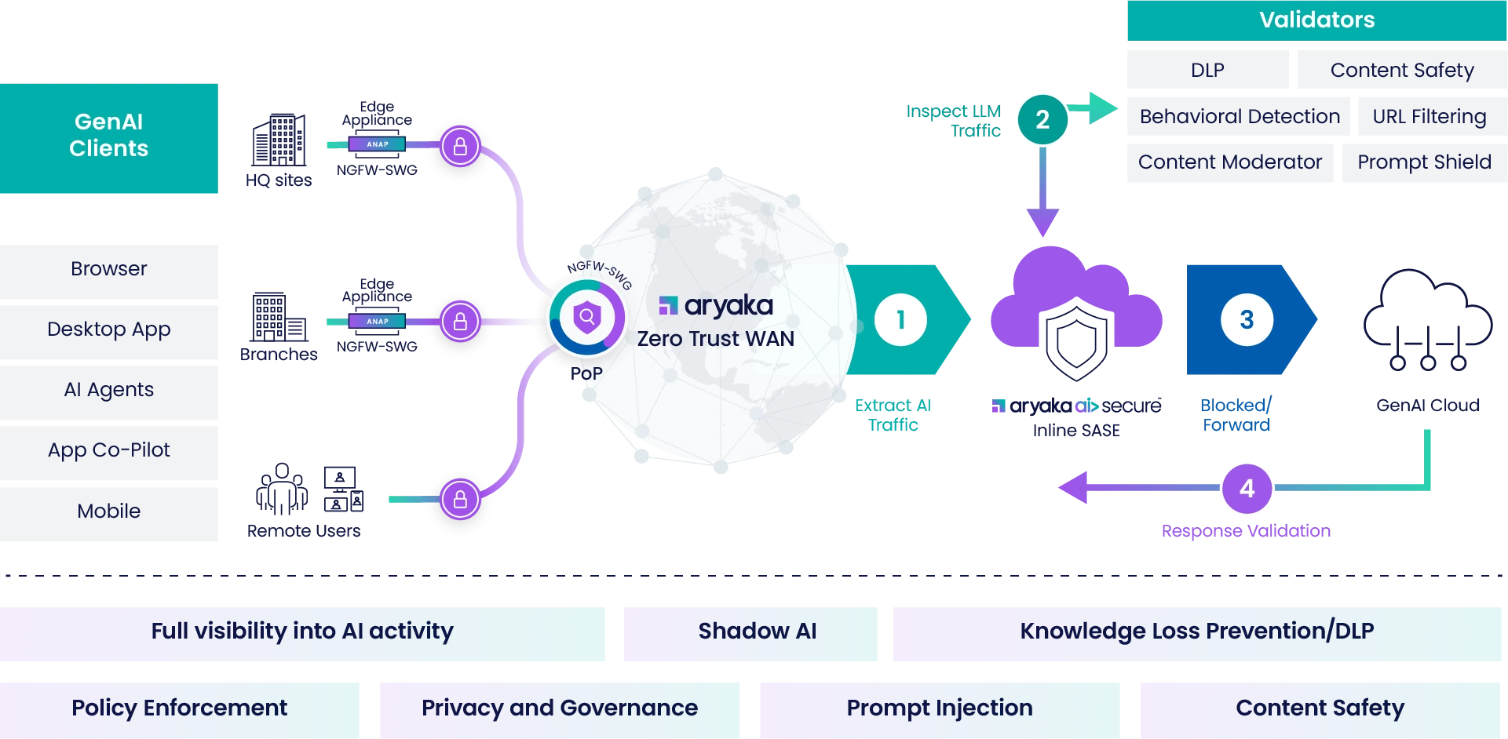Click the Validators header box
coord(1316,20)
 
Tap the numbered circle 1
coord(900,319)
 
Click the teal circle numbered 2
coord(1042,119)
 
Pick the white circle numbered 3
coord(1247,319)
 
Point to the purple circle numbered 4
coord(1247,488)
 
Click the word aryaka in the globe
coord(728,305)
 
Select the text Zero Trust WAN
coord(715,339)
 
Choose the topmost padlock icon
coord(460,146)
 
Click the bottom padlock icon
coord(460,499)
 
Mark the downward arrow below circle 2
coord(1042,192)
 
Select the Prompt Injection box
coord(940,708)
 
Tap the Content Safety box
coord(1319,708)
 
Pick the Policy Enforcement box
coord(180,708)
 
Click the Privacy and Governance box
coord(559,708)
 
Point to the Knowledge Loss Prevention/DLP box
coord(1197,632)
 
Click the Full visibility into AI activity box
coord(303,632)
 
